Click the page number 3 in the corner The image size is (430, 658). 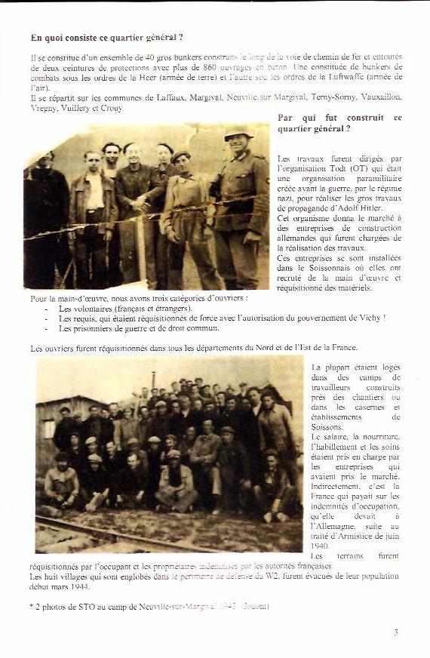[395, 632]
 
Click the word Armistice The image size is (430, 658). [358, 535]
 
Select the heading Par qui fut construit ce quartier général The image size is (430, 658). [339, 123]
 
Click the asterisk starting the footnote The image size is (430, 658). [32, 606]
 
